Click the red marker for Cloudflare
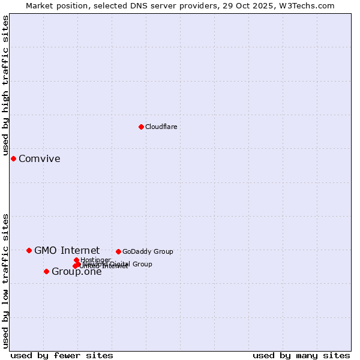tap(141, 127)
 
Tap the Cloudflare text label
tap(161, 127)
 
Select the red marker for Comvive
tap(13, 158)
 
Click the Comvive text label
tap(40, 159)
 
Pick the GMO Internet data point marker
tap(29, 250)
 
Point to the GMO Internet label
tap(67, 251)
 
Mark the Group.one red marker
tap(46, 271)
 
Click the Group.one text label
tap(76, 272)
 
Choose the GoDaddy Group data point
tap(118, 251)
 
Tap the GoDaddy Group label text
tap(148, 251)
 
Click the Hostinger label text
tap(95, 260)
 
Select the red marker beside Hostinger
tap(76, 260)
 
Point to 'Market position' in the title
tap(55, 5)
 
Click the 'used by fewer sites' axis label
tap(62, 355)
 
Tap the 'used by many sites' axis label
tap(301, 355)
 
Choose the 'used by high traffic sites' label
tap(5, 86)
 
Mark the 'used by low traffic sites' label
tap(5, 281)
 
